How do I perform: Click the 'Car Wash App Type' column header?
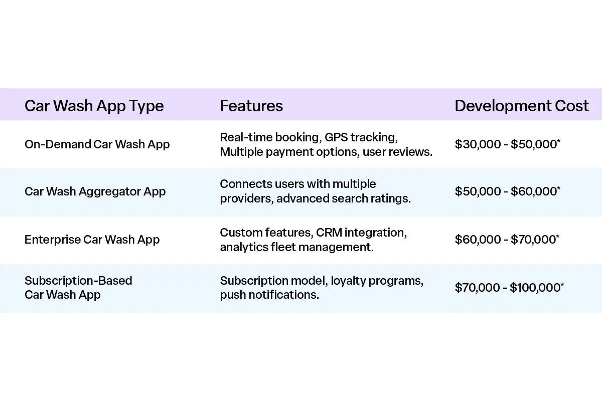(94, 106)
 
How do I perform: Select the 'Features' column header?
(251, 106)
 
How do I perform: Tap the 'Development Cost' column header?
(521, 106)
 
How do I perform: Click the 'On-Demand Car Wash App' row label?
(97, 144)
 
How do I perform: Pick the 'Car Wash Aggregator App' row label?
(95, 191)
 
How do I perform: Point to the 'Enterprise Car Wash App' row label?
(92, 240)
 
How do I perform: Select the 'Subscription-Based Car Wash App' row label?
(78, 287)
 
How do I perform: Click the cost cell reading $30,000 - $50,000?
(507, 144)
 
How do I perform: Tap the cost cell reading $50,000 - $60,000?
(507, 191)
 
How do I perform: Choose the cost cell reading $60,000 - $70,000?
(507, 240)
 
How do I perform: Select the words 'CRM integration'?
(361, 233)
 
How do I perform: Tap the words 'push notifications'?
(269, 295)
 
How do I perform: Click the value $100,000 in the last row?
(535, 287)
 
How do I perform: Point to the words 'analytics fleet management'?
(296, 247)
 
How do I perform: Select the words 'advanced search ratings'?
(343, 198)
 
